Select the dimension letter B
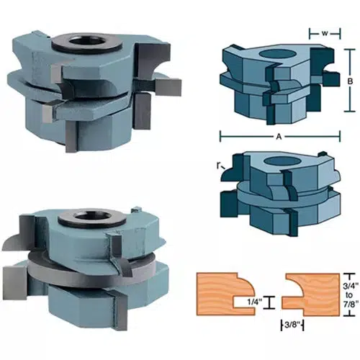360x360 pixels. coord(348,82)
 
